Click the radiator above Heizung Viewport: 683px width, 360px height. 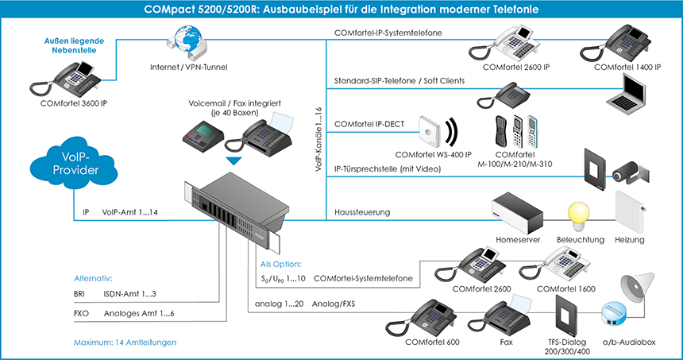(x=633, y=214)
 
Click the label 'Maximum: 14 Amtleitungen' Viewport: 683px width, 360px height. (x=121, y=342)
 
